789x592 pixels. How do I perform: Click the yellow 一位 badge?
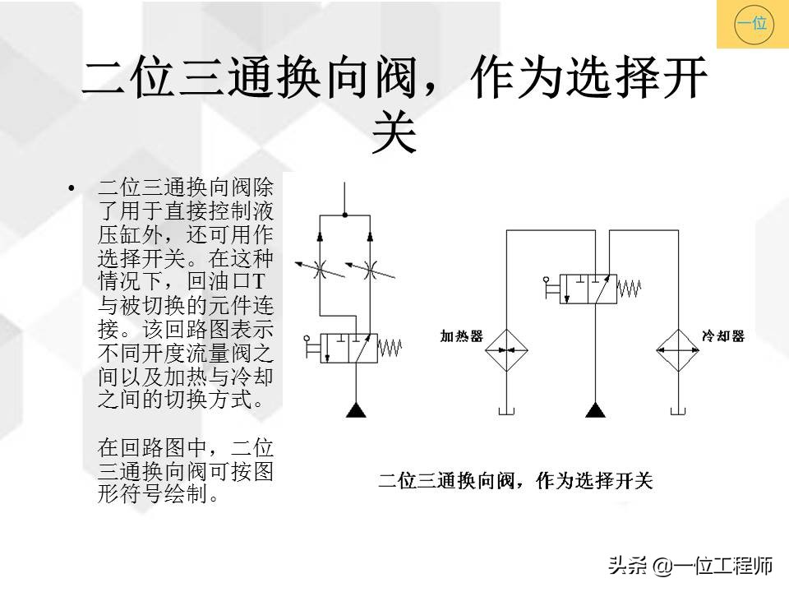point(752,24)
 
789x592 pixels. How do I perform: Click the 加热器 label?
point(461,337)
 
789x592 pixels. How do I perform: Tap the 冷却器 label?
point(722,336)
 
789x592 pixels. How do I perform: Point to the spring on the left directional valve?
point(390,348)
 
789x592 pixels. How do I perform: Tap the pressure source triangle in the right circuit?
point(592,409)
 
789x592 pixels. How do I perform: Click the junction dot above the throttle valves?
point(345,215)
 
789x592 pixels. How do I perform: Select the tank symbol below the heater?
point(506,409)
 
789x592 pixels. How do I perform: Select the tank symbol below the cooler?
point(678,409)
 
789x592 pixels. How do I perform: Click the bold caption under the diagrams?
point(515,481)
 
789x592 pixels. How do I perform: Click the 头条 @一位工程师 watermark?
point(690,566)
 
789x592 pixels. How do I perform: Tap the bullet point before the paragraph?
point(72,189)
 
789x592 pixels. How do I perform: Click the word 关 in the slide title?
point(394,134)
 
